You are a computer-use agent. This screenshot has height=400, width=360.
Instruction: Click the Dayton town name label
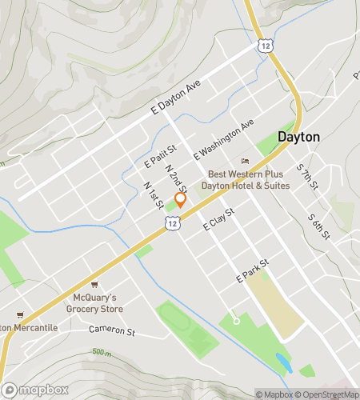[x=298, y=137]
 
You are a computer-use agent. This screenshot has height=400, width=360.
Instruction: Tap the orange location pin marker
[x=180, y=200]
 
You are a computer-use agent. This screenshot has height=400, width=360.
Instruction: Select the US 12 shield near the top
[x=266, y=47]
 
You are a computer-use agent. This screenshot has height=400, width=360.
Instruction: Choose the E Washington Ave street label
[x=223, y=140]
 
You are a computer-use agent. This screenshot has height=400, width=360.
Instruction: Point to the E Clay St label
[x=218, y=220]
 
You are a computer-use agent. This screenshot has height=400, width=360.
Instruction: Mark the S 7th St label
[x=307, y=178]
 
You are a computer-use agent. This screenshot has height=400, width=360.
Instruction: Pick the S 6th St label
[x=318, y=226]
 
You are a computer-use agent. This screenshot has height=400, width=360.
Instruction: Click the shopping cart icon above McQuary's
[x=94, y=284]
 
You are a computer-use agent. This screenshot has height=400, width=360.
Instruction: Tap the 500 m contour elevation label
[x=102, y=352]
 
